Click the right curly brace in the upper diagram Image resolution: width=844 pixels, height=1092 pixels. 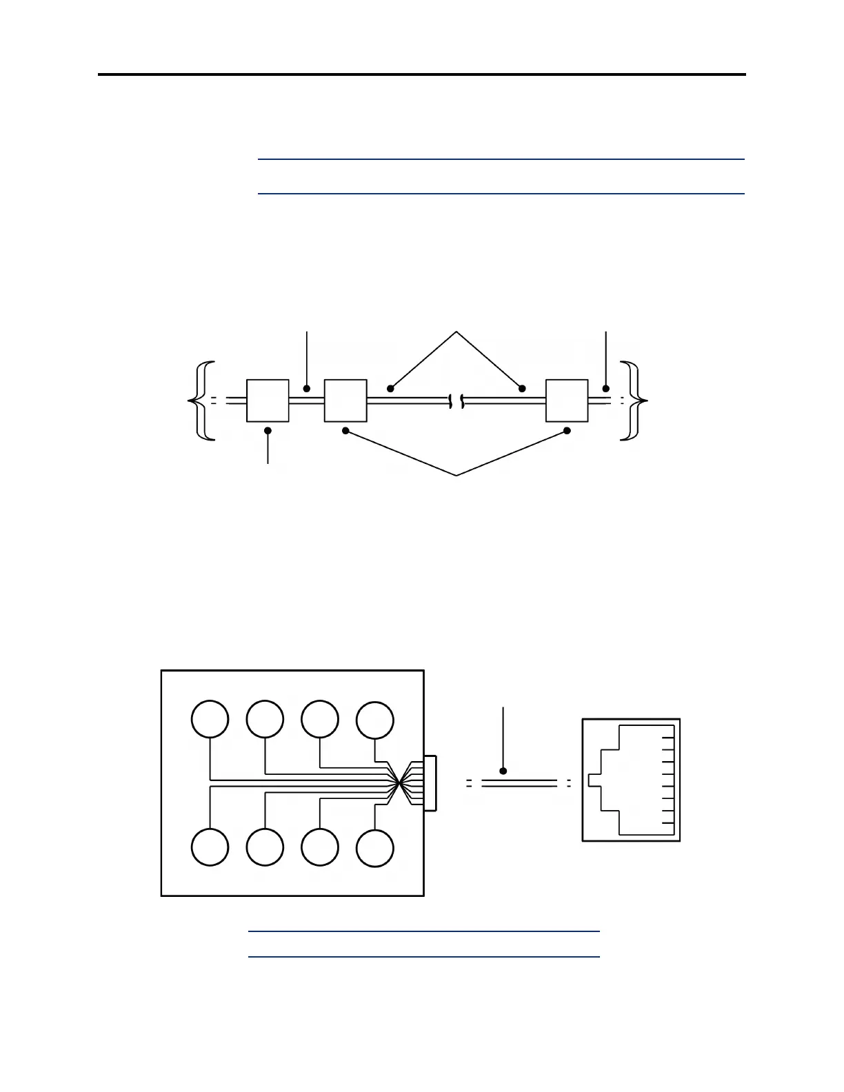click(x=632, y=400)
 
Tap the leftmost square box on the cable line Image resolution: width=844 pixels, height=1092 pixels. click(x=268, y=400)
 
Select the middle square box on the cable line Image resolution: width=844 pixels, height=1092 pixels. click(x=345, y=400)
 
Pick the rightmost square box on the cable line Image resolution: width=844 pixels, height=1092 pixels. click(x=567, y=400)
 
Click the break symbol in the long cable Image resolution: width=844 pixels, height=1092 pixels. click(x=456, y=401)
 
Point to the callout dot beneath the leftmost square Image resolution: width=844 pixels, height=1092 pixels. click(x=268, y=430)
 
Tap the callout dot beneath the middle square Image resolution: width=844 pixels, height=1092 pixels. click(x=346, y=431)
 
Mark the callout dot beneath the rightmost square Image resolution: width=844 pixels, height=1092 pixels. click(x=567, y=431)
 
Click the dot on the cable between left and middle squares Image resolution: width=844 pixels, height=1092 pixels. click(x=307, y=389)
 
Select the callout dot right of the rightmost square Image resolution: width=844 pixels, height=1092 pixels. click(x=606, y=389)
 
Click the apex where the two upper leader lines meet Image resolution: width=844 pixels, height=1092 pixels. click(x=456, y=332)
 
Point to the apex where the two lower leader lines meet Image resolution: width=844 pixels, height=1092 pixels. click(x=456, y=475)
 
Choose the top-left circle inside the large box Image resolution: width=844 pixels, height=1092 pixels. click(x=210, y=719)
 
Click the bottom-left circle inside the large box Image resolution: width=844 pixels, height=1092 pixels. click(x=210, y=847)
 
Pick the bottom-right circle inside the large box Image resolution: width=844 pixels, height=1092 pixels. click(x=375, y=847)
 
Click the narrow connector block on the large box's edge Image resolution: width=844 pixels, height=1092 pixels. click(x=430, y=783)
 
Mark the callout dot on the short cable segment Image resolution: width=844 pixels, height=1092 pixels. click(x=504, y=771)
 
